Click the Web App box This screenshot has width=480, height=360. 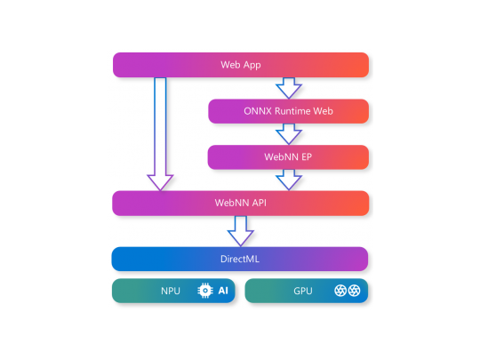coord(240,65)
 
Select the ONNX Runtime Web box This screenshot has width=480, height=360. coord(288,111)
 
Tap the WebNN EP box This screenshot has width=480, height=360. coord(288,157)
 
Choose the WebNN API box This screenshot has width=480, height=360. coord(240,203)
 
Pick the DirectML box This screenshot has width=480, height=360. coord(240,259)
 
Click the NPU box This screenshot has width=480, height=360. coord(174,291)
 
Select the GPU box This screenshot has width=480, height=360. coord(306,291)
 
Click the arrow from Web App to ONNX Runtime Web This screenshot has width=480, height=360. coord(289,88)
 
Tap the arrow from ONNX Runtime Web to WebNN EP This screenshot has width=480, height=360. coord(289,134)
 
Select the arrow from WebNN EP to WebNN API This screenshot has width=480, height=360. coord(289,180)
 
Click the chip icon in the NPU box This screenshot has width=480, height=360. coord(205,291)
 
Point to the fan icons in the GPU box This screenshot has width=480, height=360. coord(346,291)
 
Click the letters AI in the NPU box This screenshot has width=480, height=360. coord(224,291)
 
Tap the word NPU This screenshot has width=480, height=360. coord(171,291)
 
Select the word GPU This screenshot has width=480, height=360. coord(303,291)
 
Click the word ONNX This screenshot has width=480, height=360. coord(258,111)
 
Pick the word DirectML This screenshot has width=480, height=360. coord(240,259)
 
